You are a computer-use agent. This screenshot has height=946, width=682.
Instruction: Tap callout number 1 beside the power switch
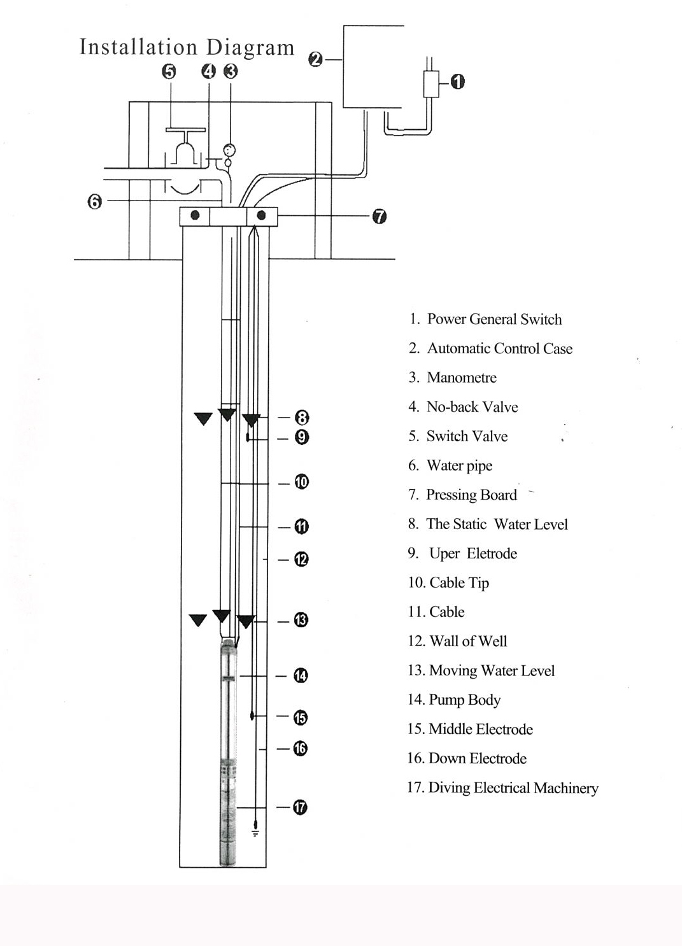pos(457,81)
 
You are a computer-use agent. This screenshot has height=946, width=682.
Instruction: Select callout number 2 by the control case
pos(315,59)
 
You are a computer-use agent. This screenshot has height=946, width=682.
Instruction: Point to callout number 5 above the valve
pos(169,71)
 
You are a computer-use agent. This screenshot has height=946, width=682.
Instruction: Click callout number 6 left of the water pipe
pos(94,202)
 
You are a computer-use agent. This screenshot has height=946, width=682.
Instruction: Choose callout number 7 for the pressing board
pos(379,216)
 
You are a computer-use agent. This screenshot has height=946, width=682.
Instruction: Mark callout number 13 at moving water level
pos(301,620)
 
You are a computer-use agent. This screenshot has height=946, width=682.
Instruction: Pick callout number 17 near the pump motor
pos(300,807)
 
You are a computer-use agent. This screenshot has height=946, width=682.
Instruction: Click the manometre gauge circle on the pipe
pos(229,150)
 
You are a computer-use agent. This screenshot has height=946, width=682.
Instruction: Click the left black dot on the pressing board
pos(195,215)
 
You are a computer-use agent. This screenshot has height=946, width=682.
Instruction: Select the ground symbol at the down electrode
pos(255,831)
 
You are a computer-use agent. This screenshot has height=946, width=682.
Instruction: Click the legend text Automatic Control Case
pos(499,349)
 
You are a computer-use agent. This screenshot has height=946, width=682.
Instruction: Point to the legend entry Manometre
pos(461,378)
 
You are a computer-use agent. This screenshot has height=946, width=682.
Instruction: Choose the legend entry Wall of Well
pos(468,642)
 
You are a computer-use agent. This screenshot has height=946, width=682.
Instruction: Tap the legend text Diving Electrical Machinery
pos(513,788)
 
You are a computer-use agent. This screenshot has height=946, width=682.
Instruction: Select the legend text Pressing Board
pos(471,495)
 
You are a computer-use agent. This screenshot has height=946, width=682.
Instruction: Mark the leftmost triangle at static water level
pos(203,418)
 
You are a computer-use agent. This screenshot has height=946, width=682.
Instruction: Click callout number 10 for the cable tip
pos(302,482)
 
